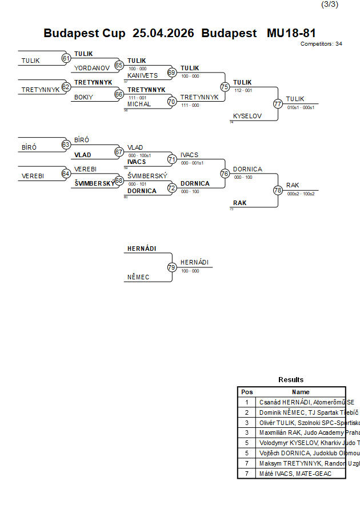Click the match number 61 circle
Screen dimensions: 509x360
pos(66,58)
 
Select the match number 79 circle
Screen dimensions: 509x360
pos(171,267)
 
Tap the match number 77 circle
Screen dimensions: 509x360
pos(278,104)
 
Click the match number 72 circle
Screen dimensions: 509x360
pos(172,188)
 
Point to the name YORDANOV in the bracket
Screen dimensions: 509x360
pos(92,68)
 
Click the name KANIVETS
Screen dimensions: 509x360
pos(142,75)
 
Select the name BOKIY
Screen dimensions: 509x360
pos(83,97)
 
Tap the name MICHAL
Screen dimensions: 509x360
pos(139,105)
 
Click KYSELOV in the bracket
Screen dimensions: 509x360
pos(247,116)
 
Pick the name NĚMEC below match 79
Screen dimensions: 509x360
pos(137,277)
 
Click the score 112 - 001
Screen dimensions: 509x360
pos(243,90)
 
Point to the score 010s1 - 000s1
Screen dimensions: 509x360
pos(301,107)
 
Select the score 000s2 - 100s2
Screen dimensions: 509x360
pos(301,194)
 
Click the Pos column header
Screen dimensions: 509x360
pos(247,392)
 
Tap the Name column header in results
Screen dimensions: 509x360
pos(301,392)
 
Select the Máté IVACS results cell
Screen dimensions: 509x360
pos(295,474)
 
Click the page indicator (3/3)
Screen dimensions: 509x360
pos(330,5)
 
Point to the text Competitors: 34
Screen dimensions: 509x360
pos(321,44)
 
